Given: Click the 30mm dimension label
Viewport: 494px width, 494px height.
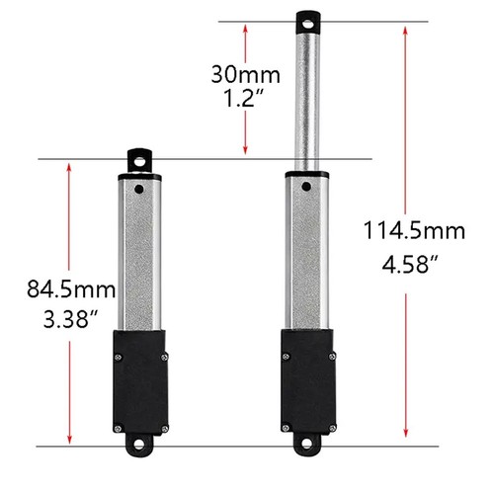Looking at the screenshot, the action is pos(246,75).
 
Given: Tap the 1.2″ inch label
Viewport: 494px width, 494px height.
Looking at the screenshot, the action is pos(243,98).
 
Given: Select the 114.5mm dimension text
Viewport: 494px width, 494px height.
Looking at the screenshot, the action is pos(414,230).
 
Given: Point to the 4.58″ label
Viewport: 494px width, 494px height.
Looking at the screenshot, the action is pos(410,264).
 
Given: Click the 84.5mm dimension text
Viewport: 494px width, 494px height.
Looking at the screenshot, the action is pos(71,289).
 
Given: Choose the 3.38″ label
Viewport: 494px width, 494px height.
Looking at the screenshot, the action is pos(70,319).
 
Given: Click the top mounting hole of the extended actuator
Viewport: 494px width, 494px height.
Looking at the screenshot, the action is pos(308,24).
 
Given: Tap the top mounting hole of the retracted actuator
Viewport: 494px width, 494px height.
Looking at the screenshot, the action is pos(139,162).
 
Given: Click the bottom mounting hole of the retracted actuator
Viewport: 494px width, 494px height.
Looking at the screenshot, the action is pos(139,445).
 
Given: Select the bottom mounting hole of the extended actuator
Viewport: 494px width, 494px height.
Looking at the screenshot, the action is pos(307,444).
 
